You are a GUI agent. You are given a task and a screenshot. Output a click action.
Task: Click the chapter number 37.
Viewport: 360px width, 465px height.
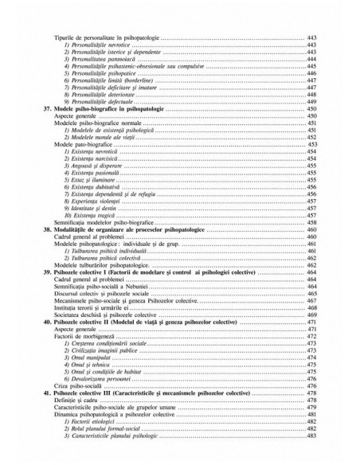(47, 108)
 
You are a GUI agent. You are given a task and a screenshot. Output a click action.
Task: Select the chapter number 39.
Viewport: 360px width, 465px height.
(47, 271)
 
